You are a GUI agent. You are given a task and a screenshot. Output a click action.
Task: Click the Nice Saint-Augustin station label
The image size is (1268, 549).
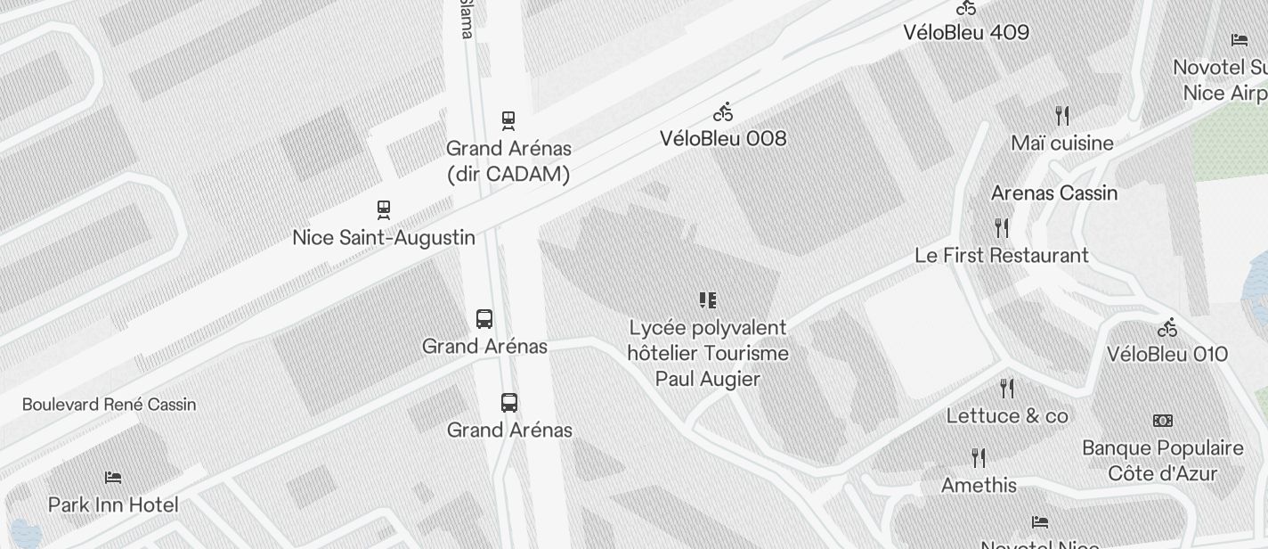click(384, 238)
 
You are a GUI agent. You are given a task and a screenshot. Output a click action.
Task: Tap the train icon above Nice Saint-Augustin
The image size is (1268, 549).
click(384, 209)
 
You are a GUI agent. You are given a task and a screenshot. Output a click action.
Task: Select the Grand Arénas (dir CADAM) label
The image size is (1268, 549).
click(508, 161)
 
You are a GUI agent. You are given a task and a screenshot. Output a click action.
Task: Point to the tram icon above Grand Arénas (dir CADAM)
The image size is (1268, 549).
click(508, 119)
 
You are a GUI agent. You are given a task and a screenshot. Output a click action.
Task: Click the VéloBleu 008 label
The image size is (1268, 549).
click(723, 138)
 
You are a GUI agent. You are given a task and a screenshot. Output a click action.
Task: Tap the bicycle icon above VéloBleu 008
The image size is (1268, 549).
click(723, 112)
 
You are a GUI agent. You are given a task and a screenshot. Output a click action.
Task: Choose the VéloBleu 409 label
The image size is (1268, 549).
click(966, 32)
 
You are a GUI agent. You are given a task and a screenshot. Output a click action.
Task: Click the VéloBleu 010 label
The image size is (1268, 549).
click(1167, 354)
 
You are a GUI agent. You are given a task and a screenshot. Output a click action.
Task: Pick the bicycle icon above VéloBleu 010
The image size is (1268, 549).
click(1167, 328)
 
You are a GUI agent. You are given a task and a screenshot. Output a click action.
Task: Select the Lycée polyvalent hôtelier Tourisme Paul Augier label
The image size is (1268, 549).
click(708, 353)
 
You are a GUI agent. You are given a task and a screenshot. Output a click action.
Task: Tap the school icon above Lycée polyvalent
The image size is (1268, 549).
click(708, 300)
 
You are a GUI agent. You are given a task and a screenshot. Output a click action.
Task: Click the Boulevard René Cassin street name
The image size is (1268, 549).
click(109, 405)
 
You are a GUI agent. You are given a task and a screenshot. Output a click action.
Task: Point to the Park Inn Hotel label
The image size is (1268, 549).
click(113, 504)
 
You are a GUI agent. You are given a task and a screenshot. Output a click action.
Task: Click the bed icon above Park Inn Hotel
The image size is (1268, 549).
click(113, 478)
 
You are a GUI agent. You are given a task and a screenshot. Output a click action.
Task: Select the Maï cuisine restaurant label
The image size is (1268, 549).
click(1062, 143)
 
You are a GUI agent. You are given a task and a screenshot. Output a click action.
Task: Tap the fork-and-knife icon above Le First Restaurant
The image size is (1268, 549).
click(1002, 229)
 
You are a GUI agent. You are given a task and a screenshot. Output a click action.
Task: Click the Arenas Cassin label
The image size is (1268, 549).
click(1054, 193)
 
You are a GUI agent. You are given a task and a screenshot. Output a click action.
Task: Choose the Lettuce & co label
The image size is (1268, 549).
click(1007, 415)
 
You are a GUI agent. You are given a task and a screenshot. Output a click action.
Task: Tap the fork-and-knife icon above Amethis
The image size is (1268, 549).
click(979, 458)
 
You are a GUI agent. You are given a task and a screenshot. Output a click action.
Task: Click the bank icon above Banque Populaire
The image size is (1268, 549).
click(1162, 421)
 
